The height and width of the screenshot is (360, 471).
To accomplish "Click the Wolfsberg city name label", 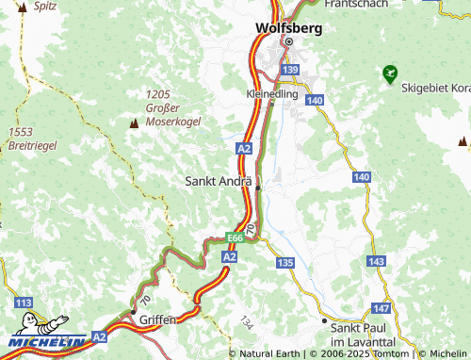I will pos(288,28).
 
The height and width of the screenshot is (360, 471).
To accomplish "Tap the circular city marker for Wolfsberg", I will pos(289,42).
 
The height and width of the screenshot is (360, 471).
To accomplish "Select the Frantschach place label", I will pos(356,5).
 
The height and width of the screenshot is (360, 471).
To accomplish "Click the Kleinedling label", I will pos(271,95).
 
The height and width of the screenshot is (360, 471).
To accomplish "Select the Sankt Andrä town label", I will pos(219,180).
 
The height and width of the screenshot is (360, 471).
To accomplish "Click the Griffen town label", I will pos(157,320).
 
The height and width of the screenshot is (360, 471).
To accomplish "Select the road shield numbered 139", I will pos(290,70).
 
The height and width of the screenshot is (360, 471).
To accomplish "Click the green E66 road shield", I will pos(236,240).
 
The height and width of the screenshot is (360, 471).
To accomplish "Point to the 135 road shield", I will pos(286,261).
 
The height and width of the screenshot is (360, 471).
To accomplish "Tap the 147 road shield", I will pos(382,308).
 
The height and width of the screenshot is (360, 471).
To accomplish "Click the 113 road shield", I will pos(24,303).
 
